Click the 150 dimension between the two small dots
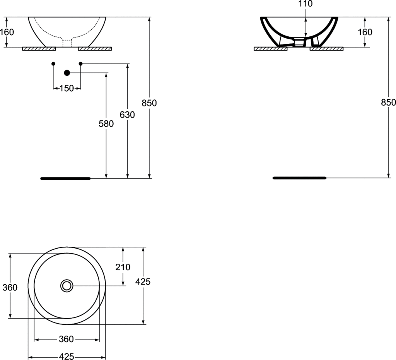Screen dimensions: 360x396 (x=67, y=89)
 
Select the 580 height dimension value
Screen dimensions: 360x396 (x=106, y=124)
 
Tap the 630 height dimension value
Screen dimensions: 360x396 (x=128, y=115)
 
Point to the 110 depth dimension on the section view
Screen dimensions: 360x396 (x=306, y=4)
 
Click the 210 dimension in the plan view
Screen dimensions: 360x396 (x=123, y=267)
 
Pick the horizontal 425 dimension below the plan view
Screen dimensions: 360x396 (x=67, y=356)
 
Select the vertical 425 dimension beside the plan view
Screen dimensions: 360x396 (x=143, y=282)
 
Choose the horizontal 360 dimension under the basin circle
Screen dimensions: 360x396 (x=67, y=339)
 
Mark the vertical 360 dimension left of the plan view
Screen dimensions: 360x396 (x=10, y=287)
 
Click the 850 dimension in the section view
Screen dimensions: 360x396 (x=388, y=102)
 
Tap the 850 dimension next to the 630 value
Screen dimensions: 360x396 (x=149, y=103)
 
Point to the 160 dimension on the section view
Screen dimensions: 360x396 (x=365, y=32)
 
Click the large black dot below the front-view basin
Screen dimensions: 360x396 (x=67, y=73)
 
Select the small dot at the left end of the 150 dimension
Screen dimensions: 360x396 (x=53, y=63)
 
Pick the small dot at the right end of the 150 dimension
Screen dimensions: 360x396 (x=80, y=63)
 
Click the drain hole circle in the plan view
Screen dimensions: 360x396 (x=67, y=286)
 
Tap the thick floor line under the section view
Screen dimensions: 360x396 (x=300, y=178)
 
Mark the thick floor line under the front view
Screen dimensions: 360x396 (x=65, y=178)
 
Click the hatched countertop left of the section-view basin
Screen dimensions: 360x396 (x=270, y=49)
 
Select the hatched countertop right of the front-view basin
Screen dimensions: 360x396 (x=95, y=49)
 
